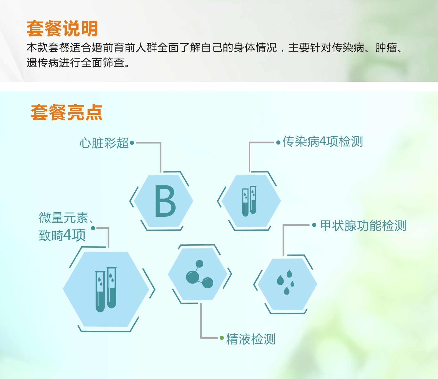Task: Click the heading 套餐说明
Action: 62,28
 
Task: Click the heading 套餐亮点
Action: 66,112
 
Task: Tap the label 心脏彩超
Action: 104,143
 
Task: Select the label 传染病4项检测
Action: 323,142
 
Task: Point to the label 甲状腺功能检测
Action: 363,226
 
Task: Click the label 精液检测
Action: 251,339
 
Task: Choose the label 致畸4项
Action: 62,235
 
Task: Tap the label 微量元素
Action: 64,218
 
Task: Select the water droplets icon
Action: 286,282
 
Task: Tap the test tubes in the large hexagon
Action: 106,289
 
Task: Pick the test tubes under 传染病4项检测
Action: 249,201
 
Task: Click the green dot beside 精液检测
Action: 222,338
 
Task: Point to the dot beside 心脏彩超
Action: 132,143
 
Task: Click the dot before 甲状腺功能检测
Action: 314,225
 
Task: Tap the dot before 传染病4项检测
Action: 278,142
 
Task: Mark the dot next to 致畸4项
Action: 93,228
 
